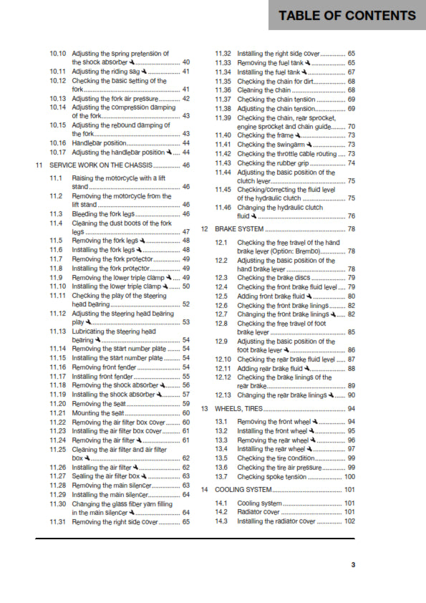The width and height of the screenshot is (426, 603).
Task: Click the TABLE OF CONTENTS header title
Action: click(x=347, y=16)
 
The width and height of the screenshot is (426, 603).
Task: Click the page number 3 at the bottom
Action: click(x=352, y=566)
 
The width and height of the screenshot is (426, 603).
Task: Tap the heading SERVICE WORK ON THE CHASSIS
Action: click(x=109, y=165)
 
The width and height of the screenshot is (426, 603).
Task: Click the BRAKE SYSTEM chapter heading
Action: click(x=240, y=229)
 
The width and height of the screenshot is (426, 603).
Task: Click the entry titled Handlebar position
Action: click(x=100, y=143)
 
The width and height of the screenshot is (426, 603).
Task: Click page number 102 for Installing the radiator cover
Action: click(x=349, y=521)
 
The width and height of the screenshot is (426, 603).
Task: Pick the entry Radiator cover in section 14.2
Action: click(x=257, y=512)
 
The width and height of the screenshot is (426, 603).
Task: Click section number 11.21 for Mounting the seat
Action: click(x=58, y=413)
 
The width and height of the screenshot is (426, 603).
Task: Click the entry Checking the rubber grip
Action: click(x=271, y=163)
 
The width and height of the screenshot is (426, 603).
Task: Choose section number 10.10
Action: click(x=58, y=54)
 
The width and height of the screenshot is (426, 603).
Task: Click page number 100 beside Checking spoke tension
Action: click(x=349, y=476)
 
